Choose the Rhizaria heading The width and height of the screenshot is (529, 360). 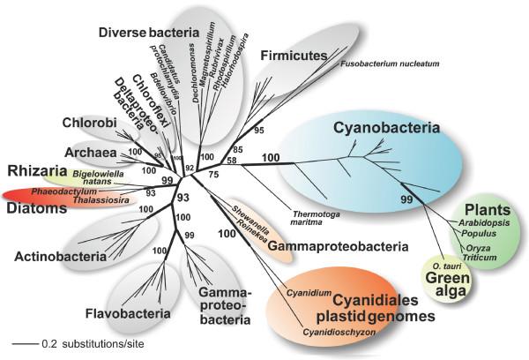click(38, 170)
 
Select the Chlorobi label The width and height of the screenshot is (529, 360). click(86, 124)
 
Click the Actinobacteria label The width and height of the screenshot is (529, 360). click(55, 257)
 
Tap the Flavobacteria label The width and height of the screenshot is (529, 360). click(126, 311)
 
